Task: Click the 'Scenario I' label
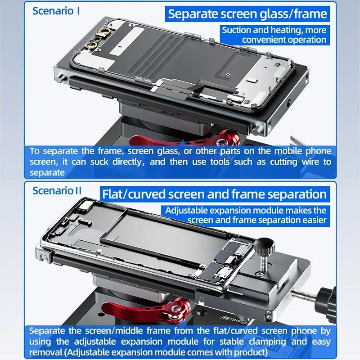coord(56,11)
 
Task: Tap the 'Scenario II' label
coord(57,191)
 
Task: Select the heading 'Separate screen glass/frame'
coord(247,14)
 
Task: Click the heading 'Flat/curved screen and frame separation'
coord(215,194)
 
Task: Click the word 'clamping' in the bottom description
coord(267,342)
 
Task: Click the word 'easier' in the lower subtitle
coord(314,220)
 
